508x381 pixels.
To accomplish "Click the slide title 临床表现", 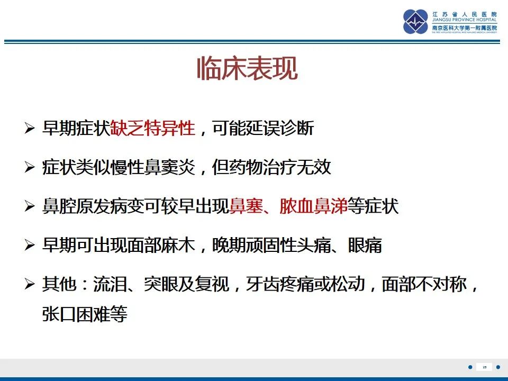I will (x=247, y=69).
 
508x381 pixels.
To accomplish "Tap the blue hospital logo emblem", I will (x=416, y=22).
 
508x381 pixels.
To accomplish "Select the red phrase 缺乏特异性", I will (x=153, y=128).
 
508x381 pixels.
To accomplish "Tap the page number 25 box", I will (x=485, y=367).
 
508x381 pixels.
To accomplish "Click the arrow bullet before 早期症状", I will (x=30, y=129).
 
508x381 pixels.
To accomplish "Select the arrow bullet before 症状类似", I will (x=30, y=168).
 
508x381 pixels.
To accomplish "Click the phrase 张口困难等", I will (x=85, y=315).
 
